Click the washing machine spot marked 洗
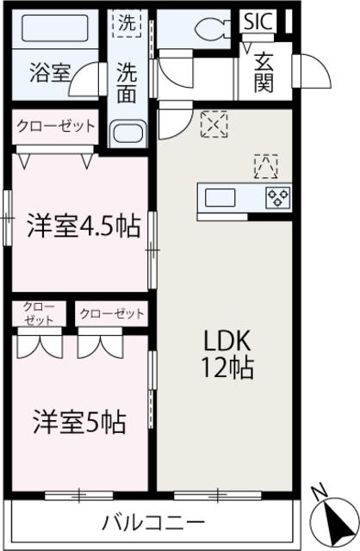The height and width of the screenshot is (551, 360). (126, 24)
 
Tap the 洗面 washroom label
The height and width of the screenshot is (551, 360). (127, 84)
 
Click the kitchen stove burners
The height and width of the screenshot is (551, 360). (277, 197)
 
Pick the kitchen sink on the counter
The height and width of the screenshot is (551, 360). (220, 197)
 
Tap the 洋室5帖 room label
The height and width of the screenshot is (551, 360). (79, 422)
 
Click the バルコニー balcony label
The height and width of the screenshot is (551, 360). (153, 522)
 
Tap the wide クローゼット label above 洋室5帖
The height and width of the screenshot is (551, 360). (112, 313)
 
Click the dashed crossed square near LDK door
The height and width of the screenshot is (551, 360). (211, 125)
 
